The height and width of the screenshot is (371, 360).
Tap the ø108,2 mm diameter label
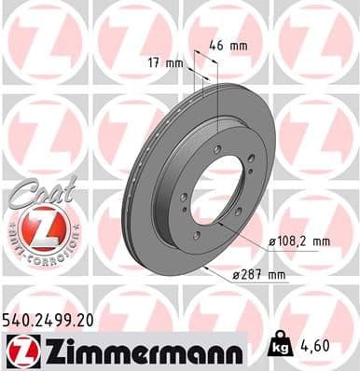(299, 241)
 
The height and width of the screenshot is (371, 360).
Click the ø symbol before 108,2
(271, 241)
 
